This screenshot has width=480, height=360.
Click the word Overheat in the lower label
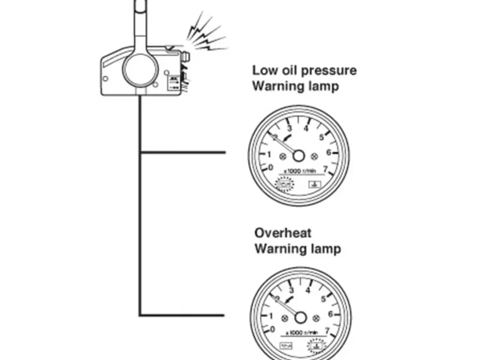(x=283, y=233)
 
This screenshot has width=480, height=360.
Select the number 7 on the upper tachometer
(x=325, y=169)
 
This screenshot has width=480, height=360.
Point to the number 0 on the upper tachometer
(x=271, y=167)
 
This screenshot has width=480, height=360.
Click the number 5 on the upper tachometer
(x=321, y=137)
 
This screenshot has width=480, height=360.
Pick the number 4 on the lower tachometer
(x=308, y=290)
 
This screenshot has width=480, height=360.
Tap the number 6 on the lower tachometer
(x=330, y=314)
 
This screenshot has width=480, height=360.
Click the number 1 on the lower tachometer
(x=271, y=316)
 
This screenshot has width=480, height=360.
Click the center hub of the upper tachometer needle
(x=298, y=155)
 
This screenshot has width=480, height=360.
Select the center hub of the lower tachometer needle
(x=300, y=318)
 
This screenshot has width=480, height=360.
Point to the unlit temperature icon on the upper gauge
(x=313, y=184)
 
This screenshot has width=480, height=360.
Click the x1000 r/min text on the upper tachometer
(x=300, y=171)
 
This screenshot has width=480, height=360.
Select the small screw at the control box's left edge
(x=105, y=79)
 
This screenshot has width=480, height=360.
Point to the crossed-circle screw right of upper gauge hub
(x=315, y=155)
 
